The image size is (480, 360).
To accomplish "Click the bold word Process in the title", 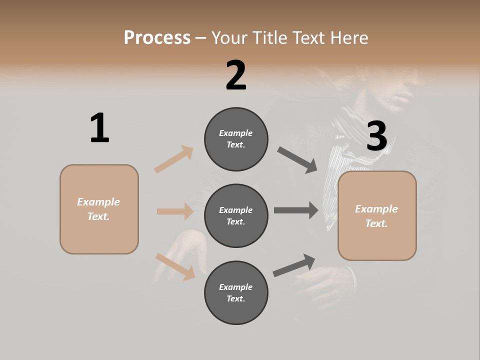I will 157,37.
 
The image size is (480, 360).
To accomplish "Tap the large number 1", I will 99,128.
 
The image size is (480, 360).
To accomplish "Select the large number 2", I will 236,75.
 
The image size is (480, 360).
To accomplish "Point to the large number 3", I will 376,136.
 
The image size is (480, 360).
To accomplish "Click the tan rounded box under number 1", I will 99,209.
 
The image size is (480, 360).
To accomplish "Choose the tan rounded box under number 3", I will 377,216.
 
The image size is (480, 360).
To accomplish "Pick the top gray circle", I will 236,139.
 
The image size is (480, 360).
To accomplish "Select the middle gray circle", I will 236,216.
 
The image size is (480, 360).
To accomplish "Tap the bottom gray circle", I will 236,293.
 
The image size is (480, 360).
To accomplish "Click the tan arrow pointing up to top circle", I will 174,159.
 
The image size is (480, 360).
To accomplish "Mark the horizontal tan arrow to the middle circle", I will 175,211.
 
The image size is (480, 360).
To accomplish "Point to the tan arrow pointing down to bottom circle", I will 175,266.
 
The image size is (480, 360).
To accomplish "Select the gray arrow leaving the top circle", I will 297,160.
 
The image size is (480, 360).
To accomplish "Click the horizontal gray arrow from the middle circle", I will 296,210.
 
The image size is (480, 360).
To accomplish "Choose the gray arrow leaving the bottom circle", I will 294,265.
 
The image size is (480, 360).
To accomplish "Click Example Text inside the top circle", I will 236,139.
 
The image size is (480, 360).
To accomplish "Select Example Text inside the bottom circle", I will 236,293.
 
